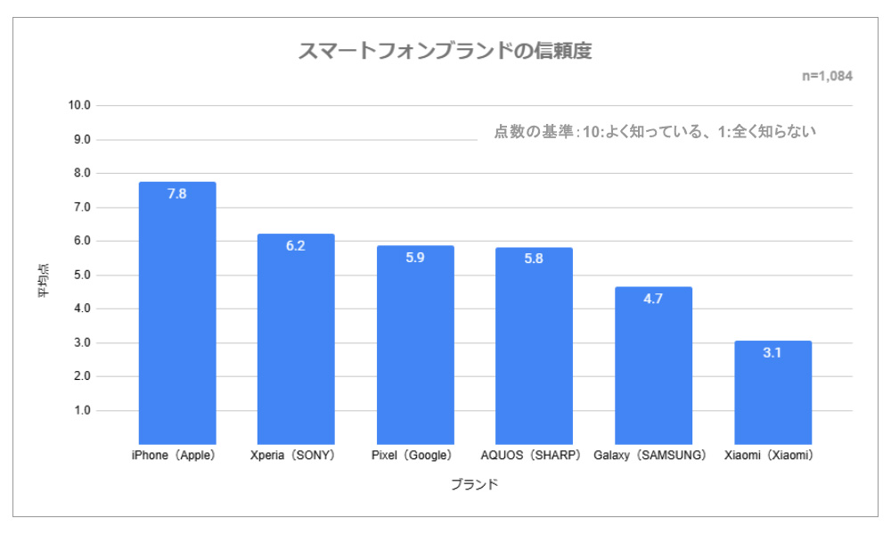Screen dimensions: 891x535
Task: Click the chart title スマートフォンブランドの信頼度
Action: tap(445, 51)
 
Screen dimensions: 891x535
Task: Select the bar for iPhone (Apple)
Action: tap(177, 313)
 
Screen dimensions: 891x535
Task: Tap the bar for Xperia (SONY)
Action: tap(296, 339)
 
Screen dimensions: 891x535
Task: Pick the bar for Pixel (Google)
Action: tap(415, 344)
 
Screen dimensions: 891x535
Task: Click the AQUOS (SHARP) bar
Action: tap(534, 346)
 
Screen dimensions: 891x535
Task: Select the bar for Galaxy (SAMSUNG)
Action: tap(653, 365)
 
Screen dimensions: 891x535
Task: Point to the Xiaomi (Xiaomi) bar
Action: tap(772, 392)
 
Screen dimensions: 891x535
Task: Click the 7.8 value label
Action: tap(176, 193)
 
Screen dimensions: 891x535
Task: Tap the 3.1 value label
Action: tap(772, 352)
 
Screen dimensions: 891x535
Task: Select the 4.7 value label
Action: tap(653, 299)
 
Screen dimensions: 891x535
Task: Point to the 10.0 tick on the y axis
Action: tap(79, 105)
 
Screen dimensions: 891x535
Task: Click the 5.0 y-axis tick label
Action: tap(82, 276)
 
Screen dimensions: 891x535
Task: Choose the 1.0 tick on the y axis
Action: tap(82, 410)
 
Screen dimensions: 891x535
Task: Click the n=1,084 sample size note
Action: tap(828, 76)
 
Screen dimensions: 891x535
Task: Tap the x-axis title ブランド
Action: tap(475, 484)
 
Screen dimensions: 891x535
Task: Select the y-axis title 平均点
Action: tap(44, 280)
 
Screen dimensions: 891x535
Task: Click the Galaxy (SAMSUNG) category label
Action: tap(650, 456)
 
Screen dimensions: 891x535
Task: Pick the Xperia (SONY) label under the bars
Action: tap(293, 456)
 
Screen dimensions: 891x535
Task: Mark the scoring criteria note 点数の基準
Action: tap(655, 132)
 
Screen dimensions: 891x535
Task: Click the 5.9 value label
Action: tap(415, 258)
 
